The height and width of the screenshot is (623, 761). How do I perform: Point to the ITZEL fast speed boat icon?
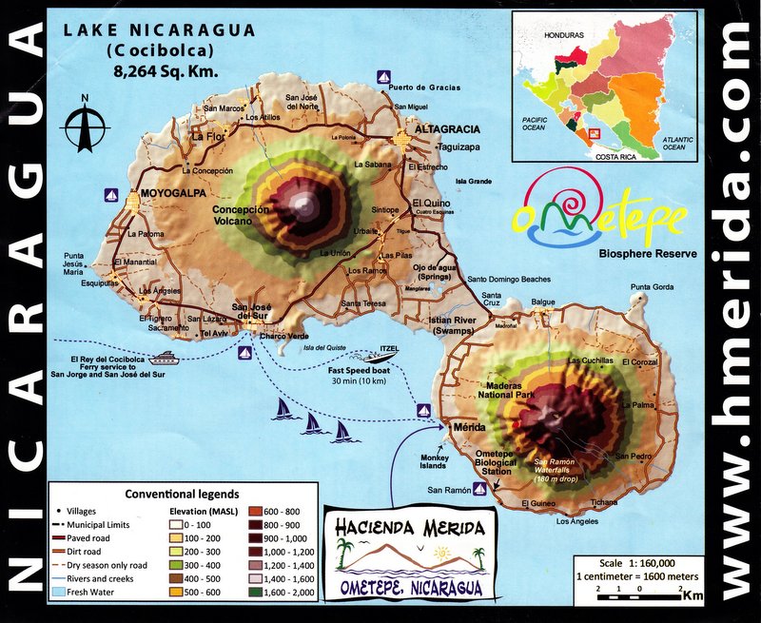pyautogui.click(x=388, y=357)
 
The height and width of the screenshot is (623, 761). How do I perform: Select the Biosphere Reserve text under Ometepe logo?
pyautogui.click(x=649, y=254)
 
